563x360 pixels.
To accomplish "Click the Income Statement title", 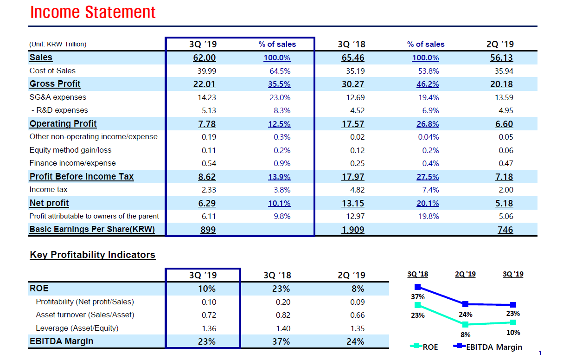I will [x=93, y=13].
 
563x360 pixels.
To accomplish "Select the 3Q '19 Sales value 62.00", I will [x=204, y=58].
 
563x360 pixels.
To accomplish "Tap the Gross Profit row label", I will [x=55, y=84].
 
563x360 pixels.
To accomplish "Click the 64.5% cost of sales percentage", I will [x=280, y=71].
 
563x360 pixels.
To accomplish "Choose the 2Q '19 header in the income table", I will [x=500, y=44].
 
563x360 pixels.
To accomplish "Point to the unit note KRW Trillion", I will [x=58, y=45].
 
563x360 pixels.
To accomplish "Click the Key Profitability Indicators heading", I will [x=92, y=255].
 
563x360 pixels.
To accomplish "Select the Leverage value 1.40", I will [x=282, y=328].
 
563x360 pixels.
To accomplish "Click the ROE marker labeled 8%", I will [x=465, y=324].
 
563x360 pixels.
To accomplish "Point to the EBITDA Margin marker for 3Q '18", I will [x=418, y=287].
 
